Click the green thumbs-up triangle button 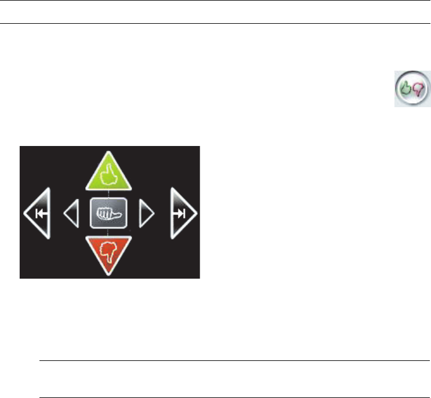(x=110, y=174)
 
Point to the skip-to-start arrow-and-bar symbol (x=41, y=213)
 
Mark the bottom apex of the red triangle (x=110, y=275)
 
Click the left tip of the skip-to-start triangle (x=24, y=213)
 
